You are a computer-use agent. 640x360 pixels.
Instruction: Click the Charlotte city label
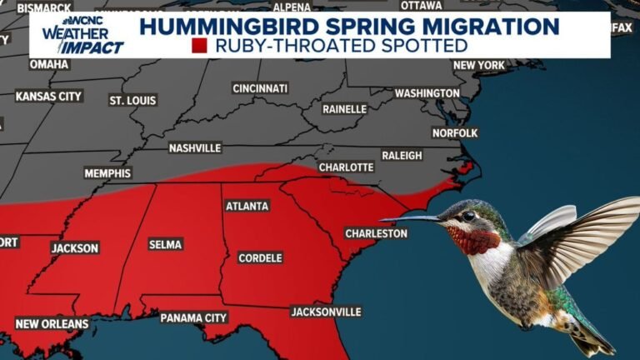(346, 167)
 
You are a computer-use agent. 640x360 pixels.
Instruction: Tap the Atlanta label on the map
(247, 206)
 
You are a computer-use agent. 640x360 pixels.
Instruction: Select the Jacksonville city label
(326, 312)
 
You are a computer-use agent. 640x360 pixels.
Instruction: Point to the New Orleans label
(52, 323)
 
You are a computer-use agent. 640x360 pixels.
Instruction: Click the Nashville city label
(195, 147)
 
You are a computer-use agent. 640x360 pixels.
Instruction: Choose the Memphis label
(107, 173)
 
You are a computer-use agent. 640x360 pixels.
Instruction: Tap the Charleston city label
(377, 233)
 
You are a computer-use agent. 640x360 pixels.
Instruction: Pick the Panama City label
(193, 317)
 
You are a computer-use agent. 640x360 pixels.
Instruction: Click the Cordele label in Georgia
(260, 257)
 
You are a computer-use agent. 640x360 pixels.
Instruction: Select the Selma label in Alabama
(165, 244)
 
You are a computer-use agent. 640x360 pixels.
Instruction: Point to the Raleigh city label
(402, 155)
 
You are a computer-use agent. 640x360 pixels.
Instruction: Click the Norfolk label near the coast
(455, 132)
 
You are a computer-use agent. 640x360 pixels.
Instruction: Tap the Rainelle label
(345, 108)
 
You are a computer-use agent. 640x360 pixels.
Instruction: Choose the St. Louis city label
(132, 100)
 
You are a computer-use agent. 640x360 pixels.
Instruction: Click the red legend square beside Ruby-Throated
(199, 46)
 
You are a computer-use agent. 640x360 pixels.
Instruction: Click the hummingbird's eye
(468, 216)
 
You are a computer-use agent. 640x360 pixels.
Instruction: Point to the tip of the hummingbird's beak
(382, 220)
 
